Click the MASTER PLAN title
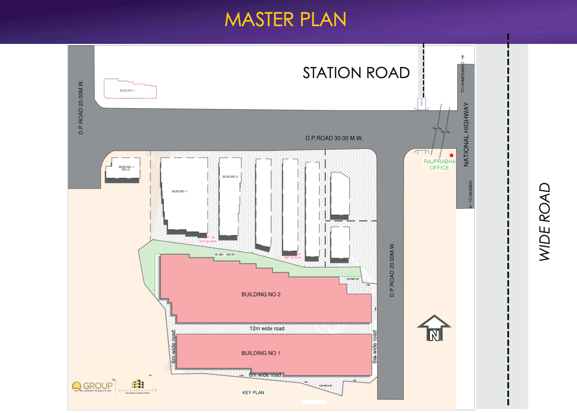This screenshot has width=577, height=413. pyautogui.click(x=285, y=20)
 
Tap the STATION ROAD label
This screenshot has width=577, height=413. pyautogui.click(x=356, y=73)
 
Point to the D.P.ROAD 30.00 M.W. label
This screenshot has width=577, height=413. pyautogui.click(x=334, y=138)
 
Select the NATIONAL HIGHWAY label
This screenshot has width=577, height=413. pyautogui.click(x=466, y=134)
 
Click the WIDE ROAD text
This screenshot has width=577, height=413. pyautogui.click(x=545, y=221)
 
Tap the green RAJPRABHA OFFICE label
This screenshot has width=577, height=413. pyautogui.click(x=439, y=165)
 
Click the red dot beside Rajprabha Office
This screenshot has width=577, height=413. pyautogui.click(x=452, y=155)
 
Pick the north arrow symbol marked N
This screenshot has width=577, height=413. pyautogui.click(x=434, y=329)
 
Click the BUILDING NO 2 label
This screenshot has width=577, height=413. pyautogui.click(x=261, y=294)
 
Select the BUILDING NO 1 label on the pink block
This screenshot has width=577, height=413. pyautogui.click(x=261, y=353)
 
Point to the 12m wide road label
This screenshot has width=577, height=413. pyautogui.click(x=267, y=328)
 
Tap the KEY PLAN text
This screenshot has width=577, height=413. pyautogui.click(x=253, y=393)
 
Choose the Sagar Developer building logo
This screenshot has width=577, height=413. pyautogui.click(x=138, y=386)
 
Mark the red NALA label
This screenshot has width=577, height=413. pyautogui.click(x=422, y=102)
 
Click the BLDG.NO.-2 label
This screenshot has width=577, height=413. pyautogui.click(x=230, y=177)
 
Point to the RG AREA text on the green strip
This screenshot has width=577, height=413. pyautogui.click(x=225, y=255)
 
